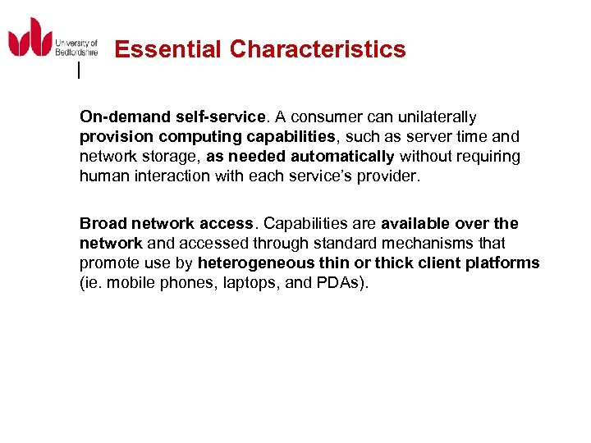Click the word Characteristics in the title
click(318, 50)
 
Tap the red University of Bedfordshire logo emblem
click(30, 38)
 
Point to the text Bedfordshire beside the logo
click(76, 52)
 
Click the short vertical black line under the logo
click(78, 71)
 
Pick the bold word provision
click(112, 137)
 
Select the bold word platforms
click(506, 263)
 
